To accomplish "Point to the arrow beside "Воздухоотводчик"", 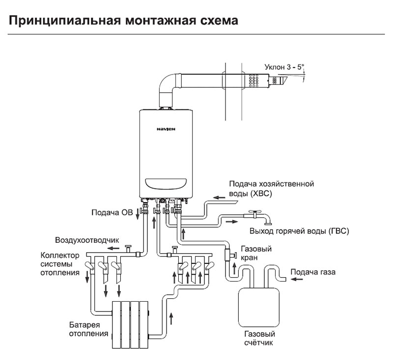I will pyautogui.click(x=112, y=248).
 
